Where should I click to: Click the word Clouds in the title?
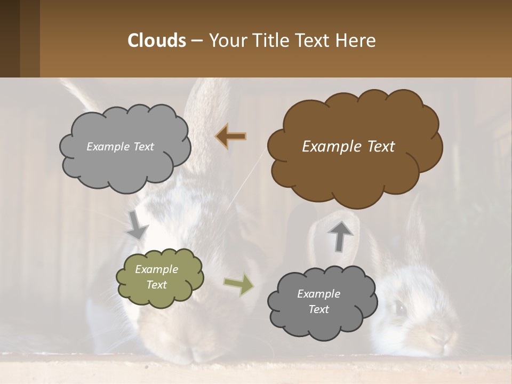tap(156, 41)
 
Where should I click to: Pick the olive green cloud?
tap(159, 277)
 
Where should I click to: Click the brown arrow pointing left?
tap(231, 137)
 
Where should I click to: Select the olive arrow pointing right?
tap(239, 285)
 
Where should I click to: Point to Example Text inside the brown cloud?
tap(348, 147)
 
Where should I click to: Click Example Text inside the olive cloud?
tap(157, 277)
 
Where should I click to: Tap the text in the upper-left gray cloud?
tap(120, 147)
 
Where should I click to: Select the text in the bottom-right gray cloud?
tap(318, 301)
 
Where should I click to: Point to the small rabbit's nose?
tap(437, 340)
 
